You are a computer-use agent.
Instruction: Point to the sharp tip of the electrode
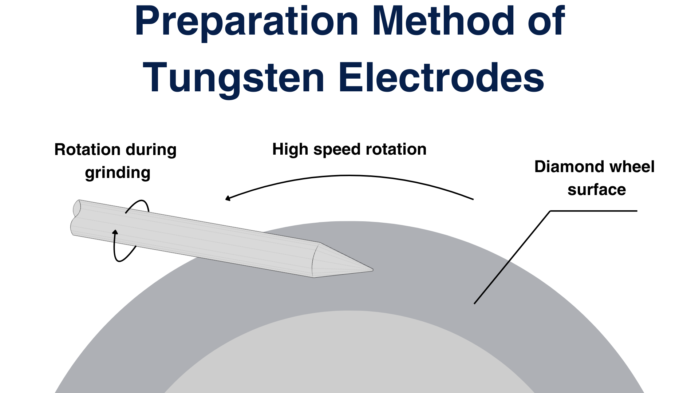pos(372,270)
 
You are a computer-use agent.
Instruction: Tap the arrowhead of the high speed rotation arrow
pos(228,198)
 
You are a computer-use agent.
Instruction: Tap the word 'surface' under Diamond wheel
pos(596,190)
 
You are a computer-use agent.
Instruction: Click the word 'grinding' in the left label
pos(118,173)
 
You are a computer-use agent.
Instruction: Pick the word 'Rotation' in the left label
pos(87,150)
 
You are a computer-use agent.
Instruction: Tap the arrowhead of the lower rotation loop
pos(115,232)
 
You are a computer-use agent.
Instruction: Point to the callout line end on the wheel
pos(475,303)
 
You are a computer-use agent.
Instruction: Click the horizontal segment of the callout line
pos(593,211)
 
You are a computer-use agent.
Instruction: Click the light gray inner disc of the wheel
pos(349,357)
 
